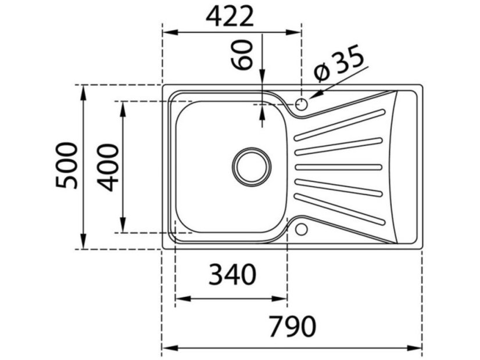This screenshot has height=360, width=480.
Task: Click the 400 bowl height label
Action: tap(109, 167)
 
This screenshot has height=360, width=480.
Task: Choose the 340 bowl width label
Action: tap(231, 274)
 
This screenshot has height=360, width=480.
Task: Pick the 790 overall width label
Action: tap(292, 327)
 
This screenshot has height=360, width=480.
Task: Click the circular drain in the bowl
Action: tap(252, 165)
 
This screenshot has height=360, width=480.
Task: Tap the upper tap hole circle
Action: tap(301, 105)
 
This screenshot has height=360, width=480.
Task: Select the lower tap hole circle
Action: tap(301, 229)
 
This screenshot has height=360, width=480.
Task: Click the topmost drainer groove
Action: tap(339, 125)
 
